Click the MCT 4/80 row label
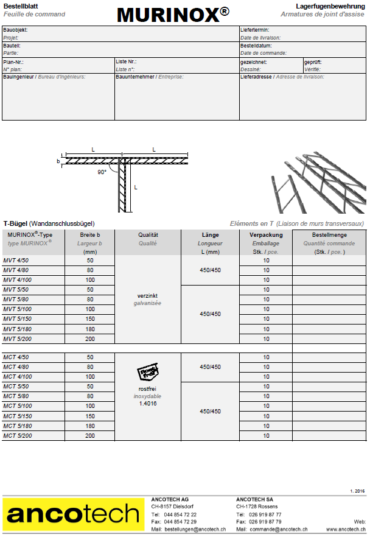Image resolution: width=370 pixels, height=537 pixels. [x=16, y=367]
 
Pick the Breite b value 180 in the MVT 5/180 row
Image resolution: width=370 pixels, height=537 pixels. [x=90, y=329]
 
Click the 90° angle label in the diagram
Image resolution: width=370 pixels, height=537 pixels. [x=102, y=172]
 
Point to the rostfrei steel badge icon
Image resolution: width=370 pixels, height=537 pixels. [x=148, y=373]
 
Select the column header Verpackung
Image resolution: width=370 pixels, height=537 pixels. [x=266, y=235]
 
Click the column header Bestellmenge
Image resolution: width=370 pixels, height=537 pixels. [x=329, y=235]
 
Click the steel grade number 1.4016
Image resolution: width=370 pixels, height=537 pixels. [x=148, y=404]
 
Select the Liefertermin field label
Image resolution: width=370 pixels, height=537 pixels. [x=255, y=29]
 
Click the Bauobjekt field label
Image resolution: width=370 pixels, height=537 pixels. [x=16, y=29]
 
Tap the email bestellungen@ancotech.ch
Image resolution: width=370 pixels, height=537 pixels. [x=194, y=530]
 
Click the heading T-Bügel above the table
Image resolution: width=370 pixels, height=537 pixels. [x=15, y=223]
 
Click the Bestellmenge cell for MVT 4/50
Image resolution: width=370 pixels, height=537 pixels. [x=329, y=261]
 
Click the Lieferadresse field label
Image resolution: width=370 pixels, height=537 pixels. [x=256, y=77]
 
